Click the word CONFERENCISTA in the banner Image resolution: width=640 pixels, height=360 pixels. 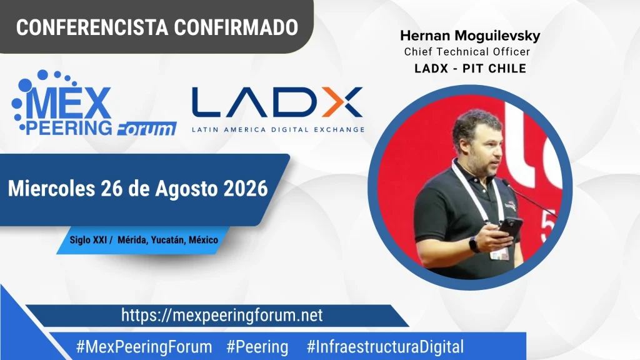(92, 27)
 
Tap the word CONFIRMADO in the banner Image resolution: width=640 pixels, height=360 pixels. (236, 27)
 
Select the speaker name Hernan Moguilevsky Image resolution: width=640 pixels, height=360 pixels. (470, 36)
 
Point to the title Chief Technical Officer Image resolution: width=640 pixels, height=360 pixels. (467, 52)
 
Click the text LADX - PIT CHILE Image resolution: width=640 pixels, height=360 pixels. (470, 68)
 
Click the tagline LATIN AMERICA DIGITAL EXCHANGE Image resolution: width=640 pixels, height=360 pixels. (278, 129)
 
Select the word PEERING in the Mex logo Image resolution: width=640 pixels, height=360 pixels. (69, 127)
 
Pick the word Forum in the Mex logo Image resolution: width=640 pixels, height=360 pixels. (146, 129)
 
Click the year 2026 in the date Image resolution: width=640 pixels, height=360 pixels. (246, 189)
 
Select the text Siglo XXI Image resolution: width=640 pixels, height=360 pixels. (88, 239)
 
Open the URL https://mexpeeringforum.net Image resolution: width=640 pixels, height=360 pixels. (222, 316)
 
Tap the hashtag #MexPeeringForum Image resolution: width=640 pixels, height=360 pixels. (144, 347)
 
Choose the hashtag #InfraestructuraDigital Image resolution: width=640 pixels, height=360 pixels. (385, 347)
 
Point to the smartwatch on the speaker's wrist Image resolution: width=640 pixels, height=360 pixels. (474, 244)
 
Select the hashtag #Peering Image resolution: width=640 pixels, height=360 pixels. (257, 347)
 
